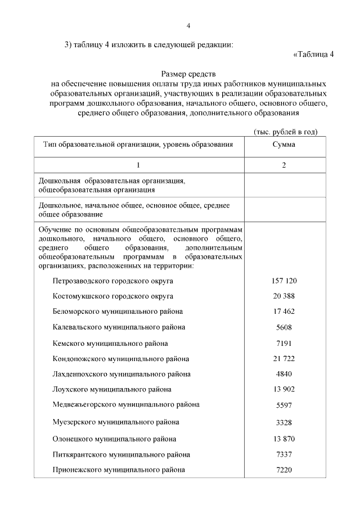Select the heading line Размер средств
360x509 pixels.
(188, 74)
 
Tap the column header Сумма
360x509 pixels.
(283, 145)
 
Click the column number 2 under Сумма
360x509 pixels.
(283, 165)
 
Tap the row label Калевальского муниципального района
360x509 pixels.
(119, 327)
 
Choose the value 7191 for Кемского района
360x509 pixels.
(283, 343)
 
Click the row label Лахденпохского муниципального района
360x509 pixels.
(121, 373)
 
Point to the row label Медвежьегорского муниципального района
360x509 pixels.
(126, 404)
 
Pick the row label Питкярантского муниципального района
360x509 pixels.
(121, 454)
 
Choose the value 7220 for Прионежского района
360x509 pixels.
(283, 470)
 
